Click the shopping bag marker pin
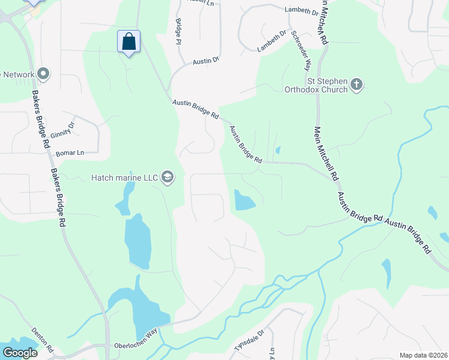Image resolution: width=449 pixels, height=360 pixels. point(128,42)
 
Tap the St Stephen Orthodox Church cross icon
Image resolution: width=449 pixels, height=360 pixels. point(357,84)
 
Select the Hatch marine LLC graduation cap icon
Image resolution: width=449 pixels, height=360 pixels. point(167,177)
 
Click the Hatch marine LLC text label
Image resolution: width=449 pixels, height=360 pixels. point(124,178)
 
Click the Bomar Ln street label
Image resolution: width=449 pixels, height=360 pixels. point(69,153)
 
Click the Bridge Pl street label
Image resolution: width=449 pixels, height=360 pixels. point(178,31)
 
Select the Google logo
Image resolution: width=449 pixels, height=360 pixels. point(20,353)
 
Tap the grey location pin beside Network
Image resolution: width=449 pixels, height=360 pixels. point(43,74)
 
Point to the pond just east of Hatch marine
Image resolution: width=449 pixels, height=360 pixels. point(244,200)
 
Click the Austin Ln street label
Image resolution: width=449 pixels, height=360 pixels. point(200,2)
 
